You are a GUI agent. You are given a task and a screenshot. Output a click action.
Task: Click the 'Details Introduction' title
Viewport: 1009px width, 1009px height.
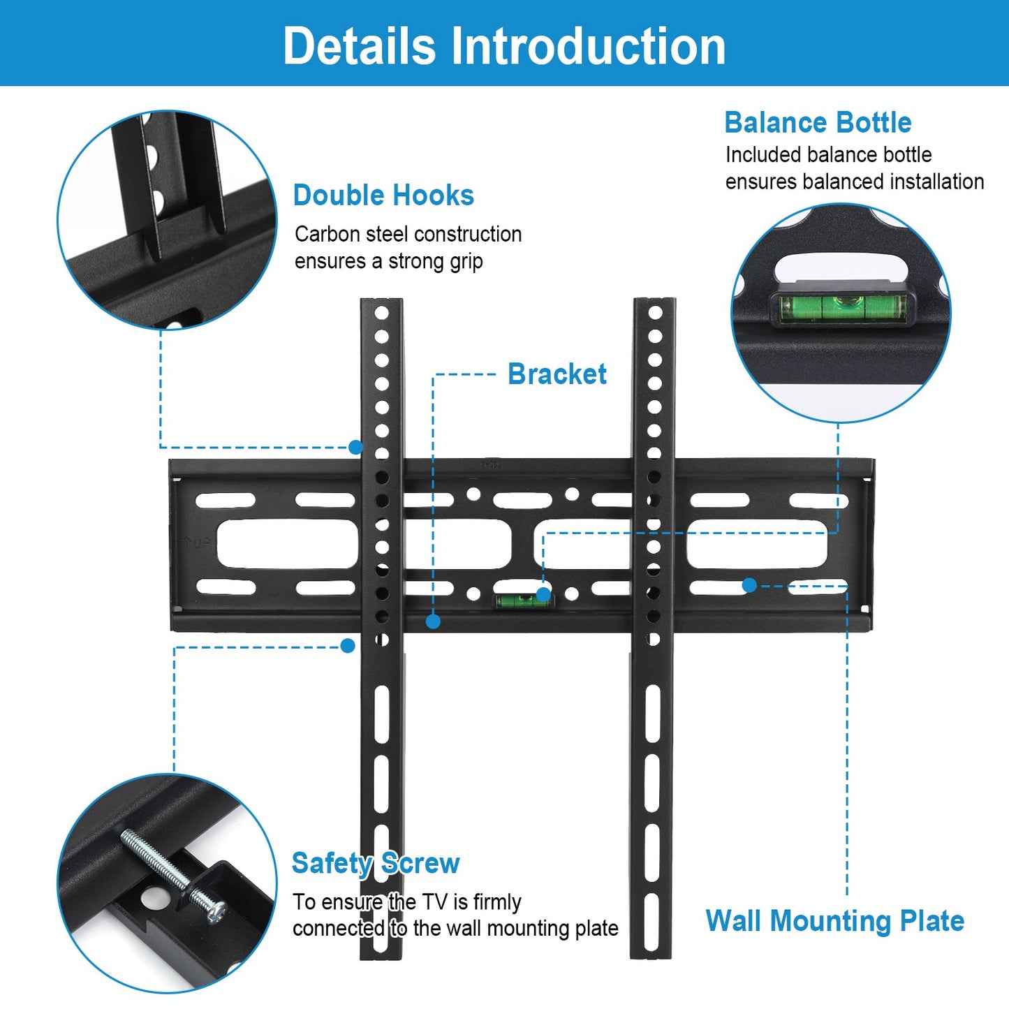(504, 46)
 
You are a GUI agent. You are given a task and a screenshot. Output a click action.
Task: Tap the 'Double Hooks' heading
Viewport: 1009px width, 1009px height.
(383, 196)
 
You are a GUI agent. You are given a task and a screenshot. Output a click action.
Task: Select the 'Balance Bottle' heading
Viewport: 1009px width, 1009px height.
(818, 123)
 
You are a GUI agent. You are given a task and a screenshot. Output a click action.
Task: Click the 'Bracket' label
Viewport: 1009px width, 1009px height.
(557, 374)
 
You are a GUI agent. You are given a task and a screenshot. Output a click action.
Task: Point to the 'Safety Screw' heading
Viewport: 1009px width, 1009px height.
(375, 864)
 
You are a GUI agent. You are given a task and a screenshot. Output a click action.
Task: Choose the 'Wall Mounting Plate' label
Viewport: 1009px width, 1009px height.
(834, 921)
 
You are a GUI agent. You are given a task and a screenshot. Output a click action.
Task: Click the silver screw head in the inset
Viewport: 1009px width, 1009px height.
(214, 909)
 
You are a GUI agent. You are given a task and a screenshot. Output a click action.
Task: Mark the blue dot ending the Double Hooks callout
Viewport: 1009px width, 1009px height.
(355, 447)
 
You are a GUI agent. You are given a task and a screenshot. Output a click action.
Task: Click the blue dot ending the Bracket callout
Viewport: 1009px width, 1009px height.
(433, 621)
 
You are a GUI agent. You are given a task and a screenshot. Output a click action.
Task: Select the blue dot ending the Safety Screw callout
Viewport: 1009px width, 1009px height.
(347, 646)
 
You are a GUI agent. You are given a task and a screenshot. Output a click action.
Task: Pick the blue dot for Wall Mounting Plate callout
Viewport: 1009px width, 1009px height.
(749, 585)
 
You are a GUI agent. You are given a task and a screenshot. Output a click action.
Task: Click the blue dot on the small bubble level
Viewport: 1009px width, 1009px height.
(543, 595)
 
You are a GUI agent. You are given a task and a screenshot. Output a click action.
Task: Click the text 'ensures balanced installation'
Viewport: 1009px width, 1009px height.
(854, 182)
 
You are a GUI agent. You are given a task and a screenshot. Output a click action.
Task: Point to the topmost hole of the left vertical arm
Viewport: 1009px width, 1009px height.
(381, 312)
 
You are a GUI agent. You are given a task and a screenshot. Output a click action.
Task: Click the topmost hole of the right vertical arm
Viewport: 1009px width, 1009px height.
(655, 312)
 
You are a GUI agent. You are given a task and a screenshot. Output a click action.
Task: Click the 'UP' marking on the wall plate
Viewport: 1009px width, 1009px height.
(197, 543)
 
